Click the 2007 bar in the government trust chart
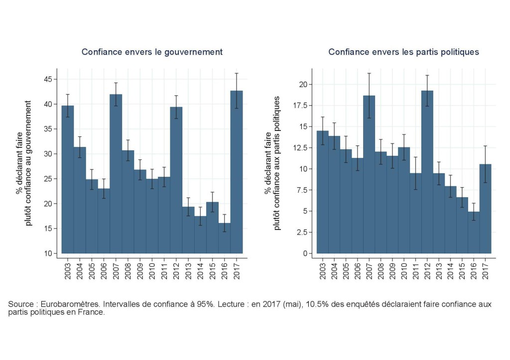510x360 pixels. click(x=116, y=174)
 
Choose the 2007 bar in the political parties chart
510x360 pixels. click(x=369, y=174)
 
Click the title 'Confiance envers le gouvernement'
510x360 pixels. click(x=152, y=52)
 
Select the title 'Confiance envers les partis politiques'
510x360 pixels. click(x=403, y=52)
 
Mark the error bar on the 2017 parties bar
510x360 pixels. click(x=486, y=164)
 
